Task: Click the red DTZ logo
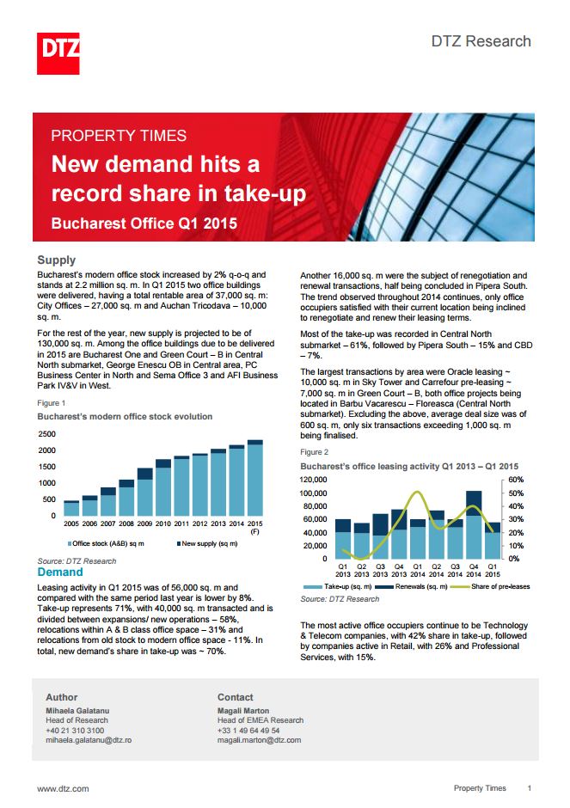[x=58, y=53]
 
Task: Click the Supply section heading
[x=57, y=260]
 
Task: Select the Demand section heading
[x=60, y=572]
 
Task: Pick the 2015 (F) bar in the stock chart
[x=254, y=478]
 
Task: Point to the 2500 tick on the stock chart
[x=46, y=434]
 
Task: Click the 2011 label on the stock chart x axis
[x=181, y=523]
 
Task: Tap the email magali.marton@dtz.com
[x=259, y=739]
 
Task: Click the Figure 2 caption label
[x=314, y=451]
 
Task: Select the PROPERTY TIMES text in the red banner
[x=119, y=135]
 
